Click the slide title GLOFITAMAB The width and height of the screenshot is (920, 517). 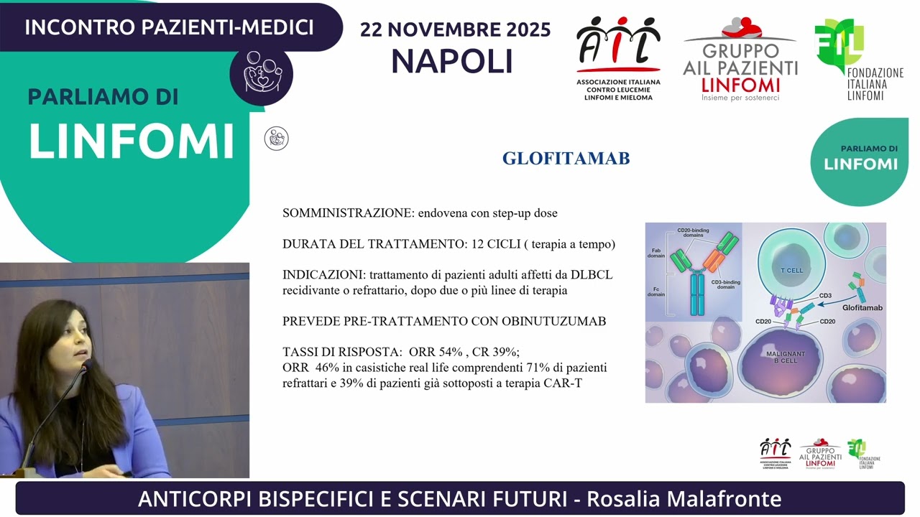[x=566, y=159]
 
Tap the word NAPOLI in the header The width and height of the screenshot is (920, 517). [x=452, y=61]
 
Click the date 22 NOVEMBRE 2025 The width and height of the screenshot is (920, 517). [x=455, y=29]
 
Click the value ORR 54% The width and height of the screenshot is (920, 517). [x=435, y=352]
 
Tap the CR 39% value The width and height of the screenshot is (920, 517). [x=494, y=352]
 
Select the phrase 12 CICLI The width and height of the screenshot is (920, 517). [x=494, y=244]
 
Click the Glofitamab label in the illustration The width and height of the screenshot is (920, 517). [x=862, y=307]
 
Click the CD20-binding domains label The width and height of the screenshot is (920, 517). [x=693, y=233]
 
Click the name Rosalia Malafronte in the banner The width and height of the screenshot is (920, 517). [x=684, y=498]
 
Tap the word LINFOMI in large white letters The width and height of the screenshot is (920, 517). [x=132, y=141]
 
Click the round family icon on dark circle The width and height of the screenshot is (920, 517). [x=261, y=73]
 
